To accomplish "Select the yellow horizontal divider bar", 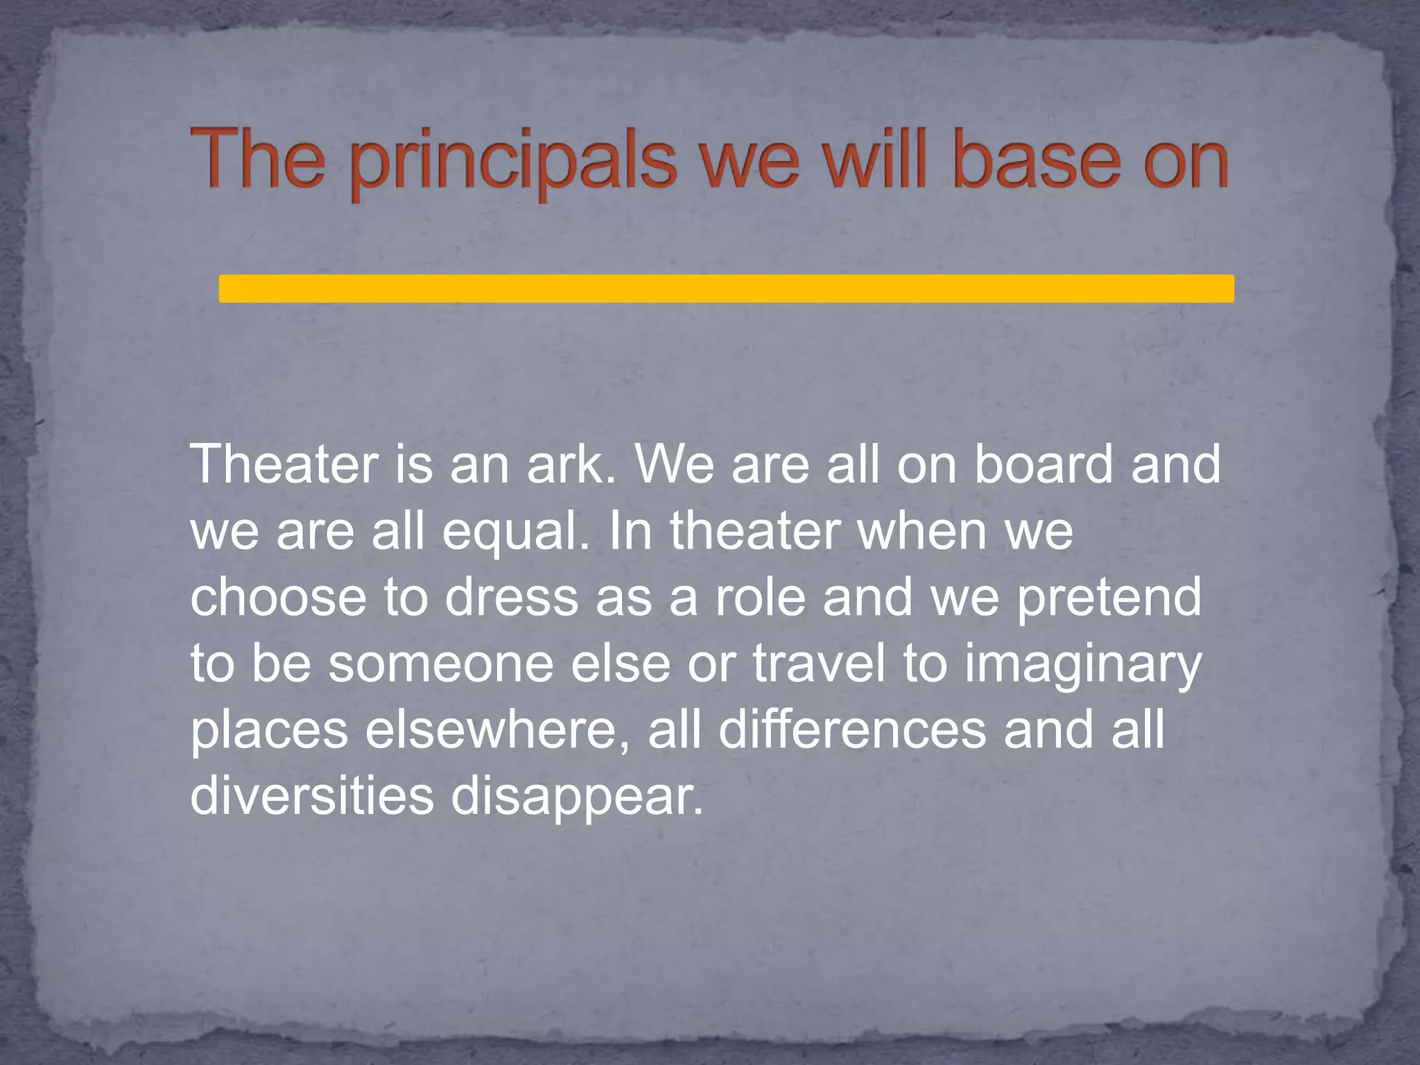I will pyautogui.click(x=726, y=288).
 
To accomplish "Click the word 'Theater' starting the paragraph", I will pyautogui.click(x=284, y=464).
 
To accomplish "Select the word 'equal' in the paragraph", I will pyautogui.click(x=516, y=532).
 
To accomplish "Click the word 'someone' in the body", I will pyautogui.click(x=440, y=664).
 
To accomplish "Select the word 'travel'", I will pyautogui.click(x=819, y=664).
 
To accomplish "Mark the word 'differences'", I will pyautogui.click(x=851, y=730).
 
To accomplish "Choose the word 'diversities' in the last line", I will pyautogui.click(x=311, y=795).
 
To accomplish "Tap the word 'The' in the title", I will pyautogui.click(x=257, y=159).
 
